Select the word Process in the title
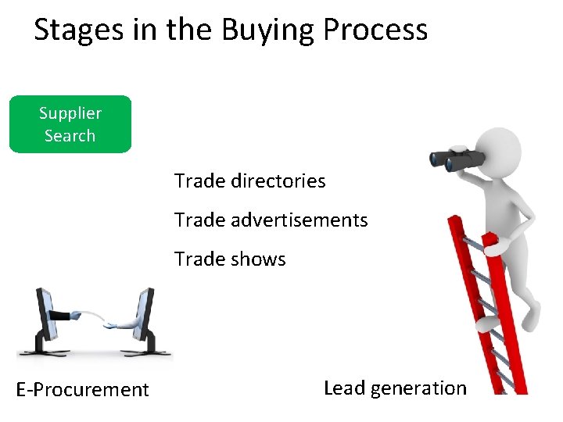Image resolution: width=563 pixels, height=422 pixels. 375,30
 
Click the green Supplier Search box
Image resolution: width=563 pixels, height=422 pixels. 70,124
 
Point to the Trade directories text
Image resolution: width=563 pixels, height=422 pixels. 249,181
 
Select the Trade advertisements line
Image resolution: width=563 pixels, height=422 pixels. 271,220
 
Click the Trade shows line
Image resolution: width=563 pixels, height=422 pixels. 230,259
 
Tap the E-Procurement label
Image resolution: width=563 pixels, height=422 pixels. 82,389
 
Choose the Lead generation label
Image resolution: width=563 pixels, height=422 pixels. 394,388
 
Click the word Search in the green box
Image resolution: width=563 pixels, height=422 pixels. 70,136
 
